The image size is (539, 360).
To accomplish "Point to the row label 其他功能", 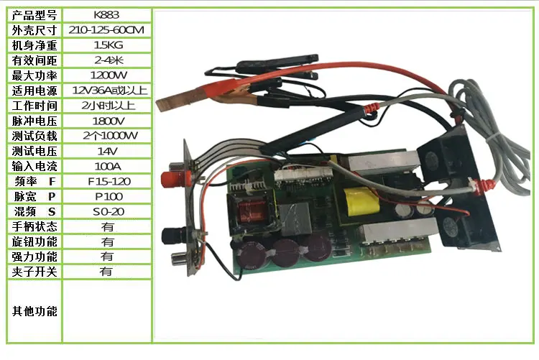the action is [34, 311].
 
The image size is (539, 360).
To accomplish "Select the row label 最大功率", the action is [34, 75].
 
